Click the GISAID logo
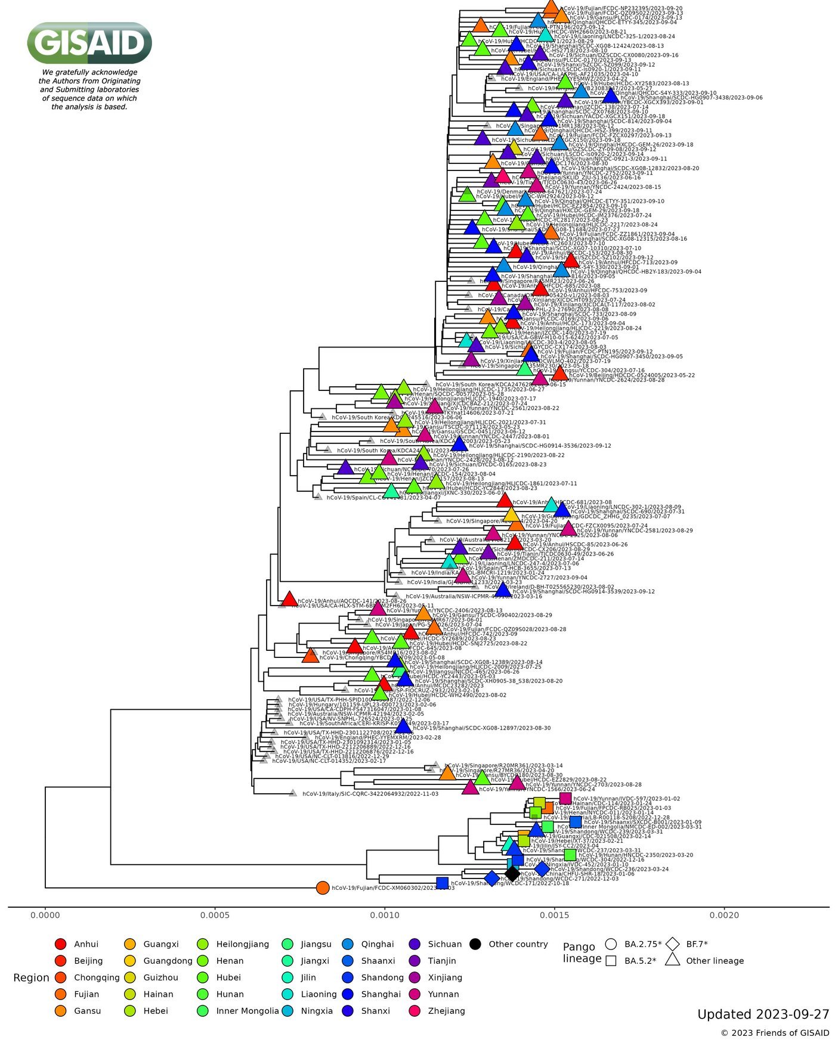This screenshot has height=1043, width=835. click(89, 43)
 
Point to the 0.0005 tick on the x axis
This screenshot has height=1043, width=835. click(215, 908)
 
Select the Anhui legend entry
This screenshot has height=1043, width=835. click(85, 944)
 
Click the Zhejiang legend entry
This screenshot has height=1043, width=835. click(446, 1011)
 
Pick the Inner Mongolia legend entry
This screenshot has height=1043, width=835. click(247, 1011)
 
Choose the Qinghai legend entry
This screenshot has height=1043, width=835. click(377, 944)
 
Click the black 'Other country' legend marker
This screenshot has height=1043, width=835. click(475, 944)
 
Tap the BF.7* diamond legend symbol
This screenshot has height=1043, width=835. click(673, 944)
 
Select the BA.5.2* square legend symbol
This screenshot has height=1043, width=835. click(611, 961)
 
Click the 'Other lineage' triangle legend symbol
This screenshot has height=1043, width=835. click(673, 960)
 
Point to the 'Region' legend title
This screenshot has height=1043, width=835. click(31, 977)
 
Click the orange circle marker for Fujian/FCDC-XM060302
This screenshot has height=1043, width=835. click(323, 888)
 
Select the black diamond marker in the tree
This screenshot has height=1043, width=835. click(512, 874)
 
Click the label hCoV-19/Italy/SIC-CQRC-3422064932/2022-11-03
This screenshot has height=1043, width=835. click(370, 794)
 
